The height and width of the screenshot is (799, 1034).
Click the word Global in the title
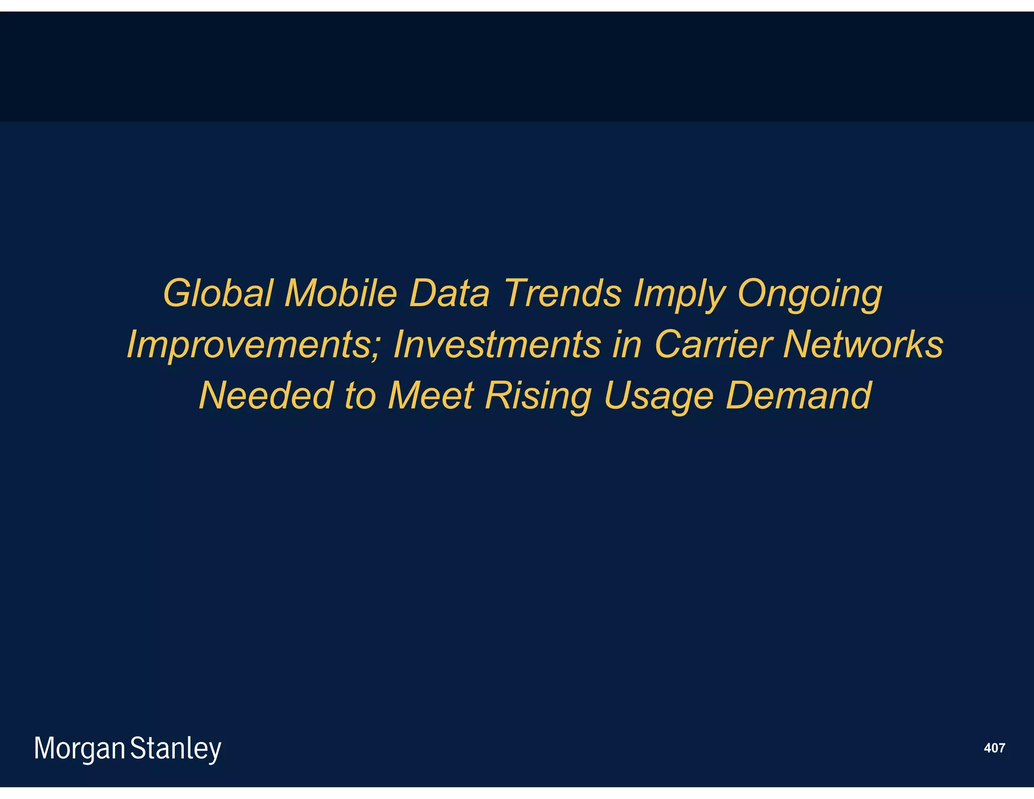point(218,293)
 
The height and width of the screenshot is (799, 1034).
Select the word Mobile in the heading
point(341,293)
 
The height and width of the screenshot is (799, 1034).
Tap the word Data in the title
point(449,293)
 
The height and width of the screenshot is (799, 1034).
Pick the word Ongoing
point(809,294)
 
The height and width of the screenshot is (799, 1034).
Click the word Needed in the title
point(266,395)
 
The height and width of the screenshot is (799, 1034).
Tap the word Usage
point(658,396)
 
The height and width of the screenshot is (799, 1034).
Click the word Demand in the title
point(798,395)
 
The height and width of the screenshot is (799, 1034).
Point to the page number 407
point(994,748)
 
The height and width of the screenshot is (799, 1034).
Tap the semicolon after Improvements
point(376,348)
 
